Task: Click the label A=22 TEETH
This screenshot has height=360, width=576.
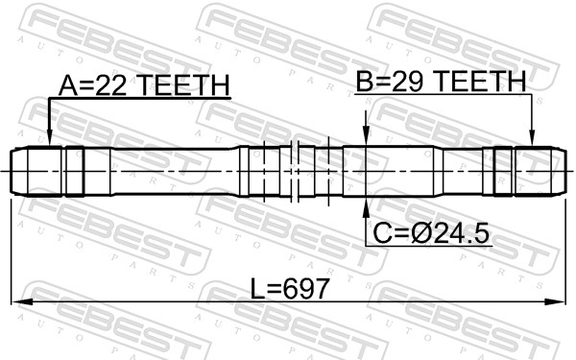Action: [x=144, y=85]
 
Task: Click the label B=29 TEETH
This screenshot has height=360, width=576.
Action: [x=442, y=81]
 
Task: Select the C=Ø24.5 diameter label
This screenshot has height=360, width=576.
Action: [x=431, y=233]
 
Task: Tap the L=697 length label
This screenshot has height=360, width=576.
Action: [x=289, y=288]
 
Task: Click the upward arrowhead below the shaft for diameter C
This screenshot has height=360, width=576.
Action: [x=366, y=206]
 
